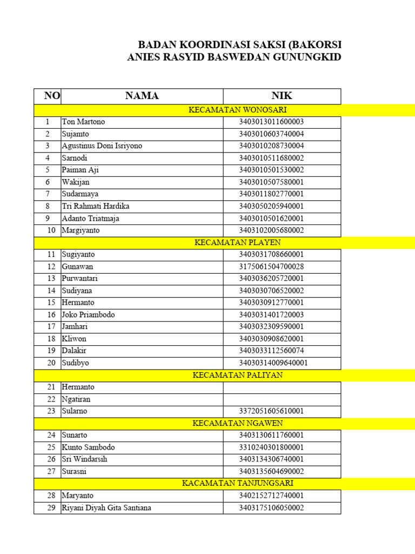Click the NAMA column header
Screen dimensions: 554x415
coord(142,96)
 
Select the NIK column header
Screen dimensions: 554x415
coord(282,96)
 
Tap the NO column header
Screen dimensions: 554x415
coord(52,96)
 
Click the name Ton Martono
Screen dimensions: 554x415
coord(83,122)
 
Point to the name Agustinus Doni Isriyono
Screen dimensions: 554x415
coord(102,146)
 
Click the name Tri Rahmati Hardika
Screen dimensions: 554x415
coord(95,206)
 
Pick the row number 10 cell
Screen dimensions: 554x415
coord(51,230)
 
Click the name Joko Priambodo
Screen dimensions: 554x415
coord(88,314)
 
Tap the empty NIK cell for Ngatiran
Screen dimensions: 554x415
coord(282,399)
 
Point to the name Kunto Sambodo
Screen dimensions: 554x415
coord(88,447)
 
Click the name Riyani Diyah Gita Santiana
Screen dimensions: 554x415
coord(106,507)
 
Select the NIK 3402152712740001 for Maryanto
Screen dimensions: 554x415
coord(271,496)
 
